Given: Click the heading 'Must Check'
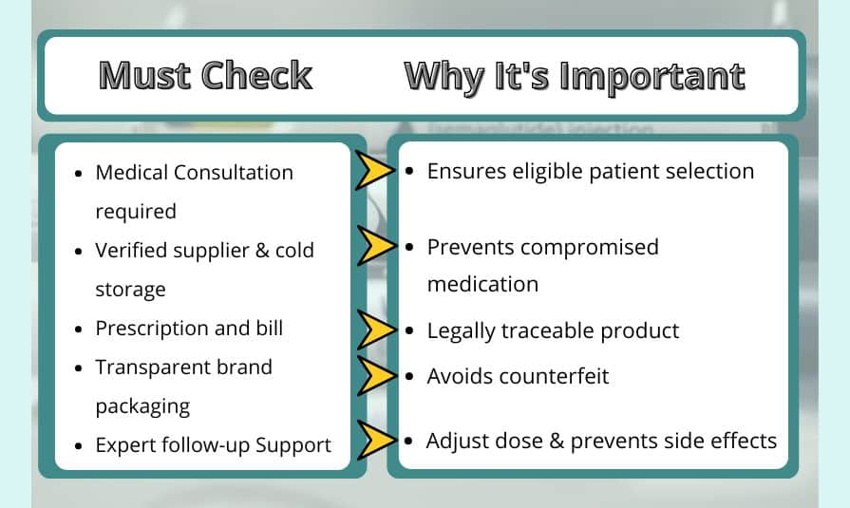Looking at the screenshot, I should pyautogui.click(x=205, y=76).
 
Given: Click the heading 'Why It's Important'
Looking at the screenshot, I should pyautogui.click(x=575, y=76).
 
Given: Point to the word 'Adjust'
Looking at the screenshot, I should pyautogui.click(x=455, y=441).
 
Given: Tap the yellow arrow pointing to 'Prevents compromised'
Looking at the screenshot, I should pyautogui.click(x=374, y=246).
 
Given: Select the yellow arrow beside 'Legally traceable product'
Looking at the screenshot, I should pyautogui.click(x=374, y=329).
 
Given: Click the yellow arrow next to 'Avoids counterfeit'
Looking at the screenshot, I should pyautogui.click(x=374, y=376).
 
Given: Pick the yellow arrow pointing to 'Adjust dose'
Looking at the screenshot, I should pyautogui.click(x=374, y=441).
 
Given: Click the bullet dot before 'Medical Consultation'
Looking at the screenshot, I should pyautogui.click(x=78, y=174).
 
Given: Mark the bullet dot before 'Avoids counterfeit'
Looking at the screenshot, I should pyautogui.click(x=408, y=377).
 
